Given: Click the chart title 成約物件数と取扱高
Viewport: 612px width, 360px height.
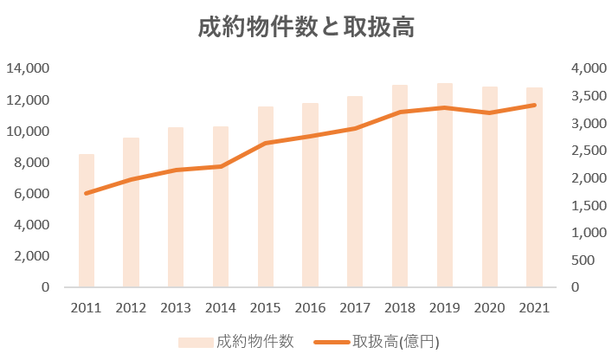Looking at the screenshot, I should [x=306, y=28].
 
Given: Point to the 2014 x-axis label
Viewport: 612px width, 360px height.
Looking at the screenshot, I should [x=221, y=307].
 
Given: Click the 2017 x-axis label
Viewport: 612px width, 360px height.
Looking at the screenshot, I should [x=355, y=307].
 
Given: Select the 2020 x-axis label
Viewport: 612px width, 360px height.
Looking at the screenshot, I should [x=489, y=307].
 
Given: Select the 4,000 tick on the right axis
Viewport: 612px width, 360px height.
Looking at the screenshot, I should [x=584, y=68].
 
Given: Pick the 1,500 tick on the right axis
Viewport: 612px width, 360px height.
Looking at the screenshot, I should [x=584, y=206].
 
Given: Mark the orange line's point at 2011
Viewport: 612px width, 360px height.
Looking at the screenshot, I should [x=87, y=193].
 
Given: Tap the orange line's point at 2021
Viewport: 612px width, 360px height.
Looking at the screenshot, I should [x=534, y=105].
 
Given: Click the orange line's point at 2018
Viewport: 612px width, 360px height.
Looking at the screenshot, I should [x=400, y=112].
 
